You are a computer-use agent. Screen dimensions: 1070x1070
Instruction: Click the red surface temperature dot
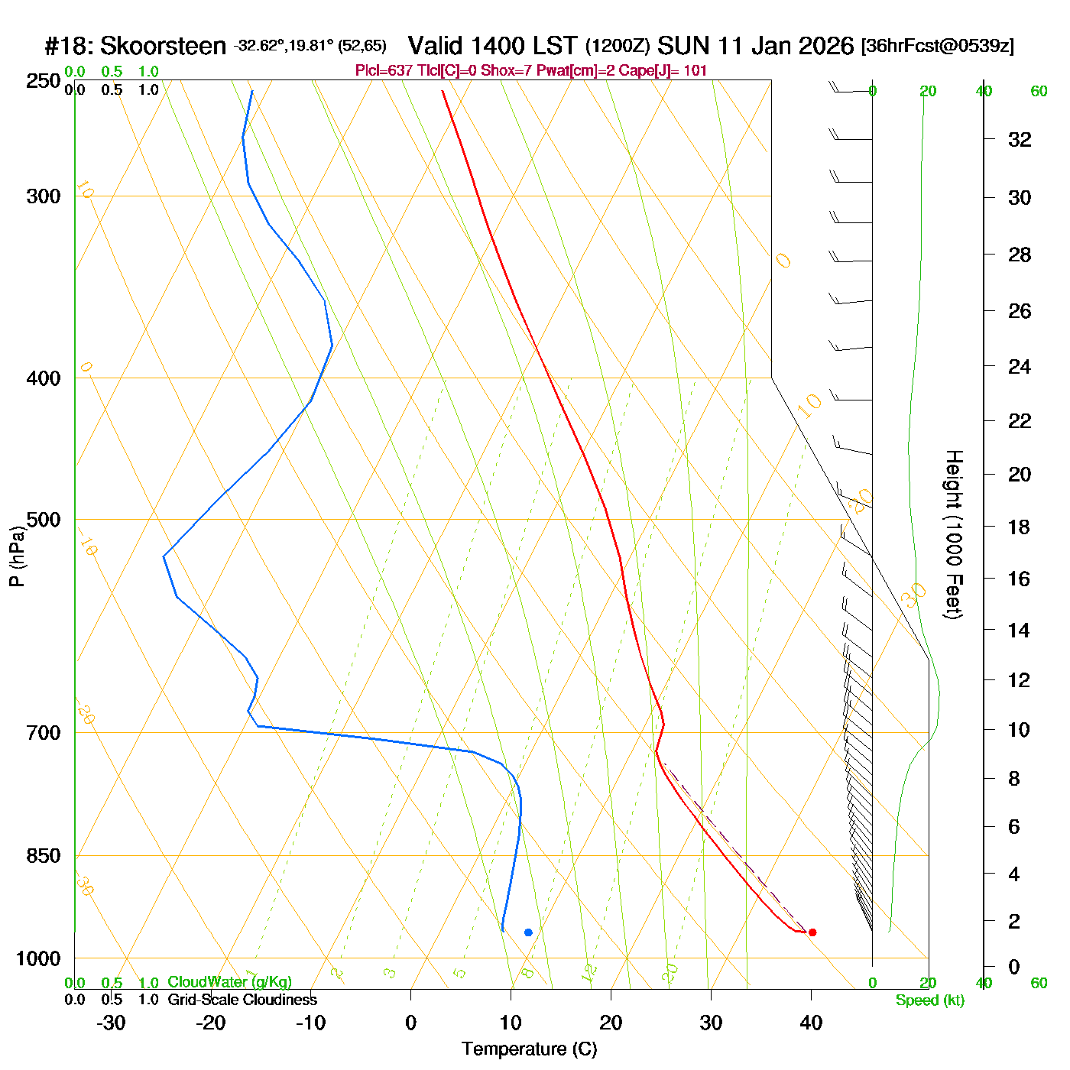[812, 932]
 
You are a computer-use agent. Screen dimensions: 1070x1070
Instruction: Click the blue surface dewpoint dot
[528, 932]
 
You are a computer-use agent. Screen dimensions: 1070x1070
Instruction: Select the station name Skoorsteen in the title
[163, 47]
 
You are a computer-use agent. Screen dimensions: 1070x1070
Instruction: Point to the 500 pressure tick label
[44, 520]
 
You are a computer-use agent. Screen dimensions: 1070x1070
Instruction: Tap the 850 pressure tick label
[44, 856]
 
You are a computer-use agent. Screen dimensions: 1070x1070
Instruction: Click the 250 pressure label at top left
[44, 81]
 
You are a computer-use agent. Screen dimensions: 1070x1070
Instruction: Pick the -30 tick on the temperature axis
[111, 1023]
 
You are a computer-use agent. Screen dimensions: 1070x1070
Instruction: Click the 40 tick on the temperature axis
[811, 1023]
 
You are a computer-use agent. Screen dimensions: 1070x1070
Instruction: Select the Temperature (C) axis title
[529, 1049]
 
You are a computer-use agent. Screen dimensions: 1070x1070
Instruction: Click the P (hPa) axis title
[17, 556]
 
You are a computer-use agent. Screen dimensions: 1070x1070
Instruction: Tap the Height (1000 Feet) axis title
[954, 534]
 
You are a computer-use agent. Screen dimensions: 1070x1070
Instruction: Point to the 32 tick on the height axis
[1020, 140]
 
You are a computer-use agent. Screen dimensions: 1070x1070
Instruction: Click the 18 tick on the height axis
[1020, 527]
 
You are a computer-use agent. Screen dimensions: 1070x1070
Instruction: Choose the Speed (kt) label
[929, 1000]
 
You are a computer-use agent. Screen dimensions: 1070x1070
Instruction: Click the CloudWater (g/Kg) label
[229, 982]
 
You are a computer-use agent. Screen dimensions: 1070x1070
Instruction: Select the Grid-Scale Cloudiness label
[242, 1000]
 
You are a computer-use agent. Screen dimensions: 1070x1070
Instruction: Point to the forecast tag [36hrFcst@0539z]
[938, 46]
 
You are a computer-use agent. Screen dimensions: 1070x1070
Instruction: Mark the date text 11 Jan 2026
[786, 46]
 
